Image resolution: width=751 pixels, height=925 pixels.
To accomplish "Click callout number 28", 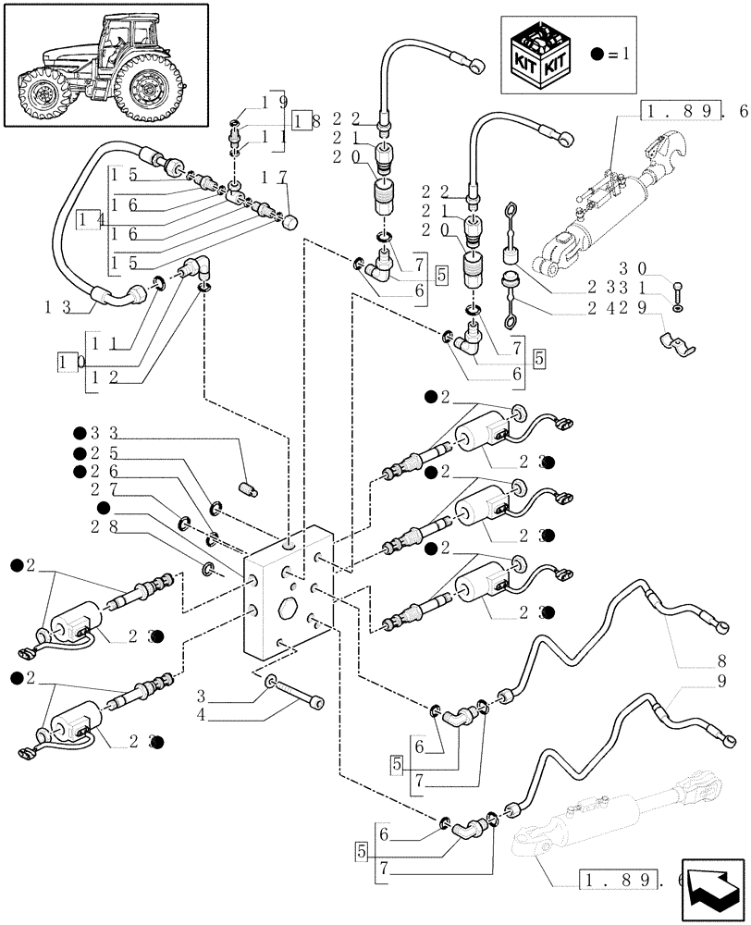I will (x=105, y=527).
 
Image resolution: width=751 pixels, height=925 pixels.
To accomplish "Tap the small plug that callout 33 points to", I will (x=247, y=487).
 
